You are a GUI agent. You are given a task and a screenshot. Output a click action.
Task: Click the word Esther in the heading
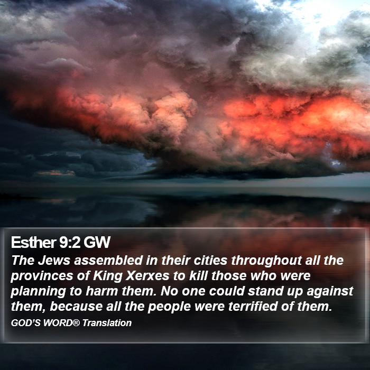(33, 242)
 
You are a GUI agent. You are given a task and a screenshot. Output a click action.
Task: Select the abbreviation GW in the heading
(97, 242)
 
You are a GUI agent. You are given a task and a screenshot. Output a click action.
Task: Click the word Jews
(54, 260)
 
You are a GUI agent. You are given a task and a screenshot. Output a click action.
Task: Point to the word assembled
(108, 260)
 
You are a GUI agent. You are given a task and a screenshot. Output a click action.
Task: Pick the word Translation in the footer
(107, 323)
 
